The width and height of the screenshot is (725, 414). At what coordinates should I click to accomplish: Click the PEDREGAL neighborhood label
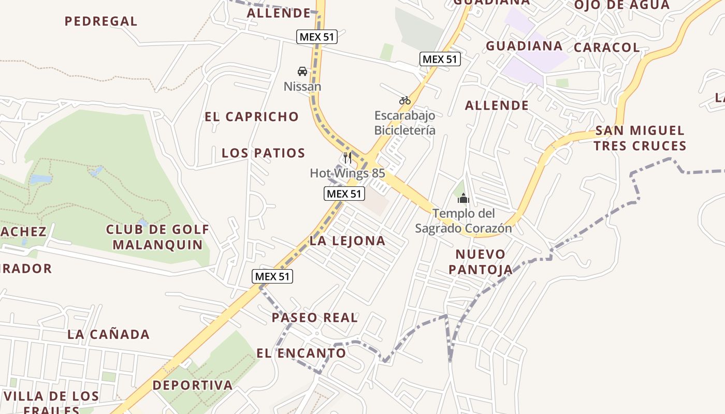click(x=101, y=21)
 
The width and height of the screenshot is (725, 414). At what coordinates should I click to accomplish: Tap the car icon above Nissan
click(x=302, y=71)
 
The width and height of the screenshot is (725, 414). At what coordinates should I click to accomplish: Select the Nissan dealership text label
click(x=302, y=86)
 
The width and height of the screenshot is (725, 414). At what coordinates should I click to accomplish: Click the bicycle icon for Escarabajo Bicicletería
click(x=405, y=100)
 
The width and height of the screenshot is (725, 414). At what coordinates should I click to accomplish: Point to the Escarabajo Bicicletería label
click(x=405, y=123)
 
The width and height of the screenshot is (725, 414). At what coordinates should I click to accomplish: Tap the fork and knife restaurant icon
click(x=347, y=157)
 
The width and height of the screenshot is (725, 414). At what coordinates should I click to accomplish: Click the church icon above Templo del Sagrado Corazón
click(x=463, y=198)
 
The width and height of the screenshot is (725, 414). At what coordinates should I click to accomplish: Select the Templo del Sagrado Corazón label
click(x=463, y=220)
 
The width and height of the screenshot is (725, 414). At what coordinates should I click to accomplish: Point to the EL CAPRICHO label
click(x=252, y=117)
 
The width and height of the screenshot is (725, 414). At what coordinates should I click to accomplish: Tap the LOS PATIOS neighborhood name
click(x=264, y=153)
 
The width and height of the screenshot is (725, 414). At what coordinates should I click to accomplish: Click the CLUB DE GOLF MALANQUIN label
click(x=158, y=237)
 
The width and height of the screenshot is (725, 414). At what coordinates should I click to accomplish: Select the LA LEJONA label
click(x=347, y=241)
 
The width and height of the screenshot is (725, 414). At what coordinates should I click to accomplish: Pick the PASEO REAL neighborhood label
click(x=315, y=318)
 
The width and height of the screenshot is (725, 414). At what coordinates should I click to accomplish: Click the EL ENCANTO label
click(x=301, y=353)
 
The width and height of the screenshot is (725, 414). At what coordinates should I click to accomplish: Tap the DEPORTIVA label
click(x=193, y=385)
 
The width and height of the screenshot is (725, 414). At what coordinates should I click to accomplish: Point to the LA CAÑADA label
click(x=109, y=334)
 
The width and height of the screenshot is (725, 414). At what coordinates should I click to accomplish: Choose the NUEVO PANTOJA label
click(x=481, y=261)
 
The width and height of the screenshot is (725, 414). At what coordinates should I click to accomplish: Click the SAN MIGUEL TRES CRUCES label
click(x=640, y=138)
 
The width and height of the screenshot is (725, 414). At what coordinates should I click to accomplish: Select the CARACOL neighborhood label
click(x=607, y=48)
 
